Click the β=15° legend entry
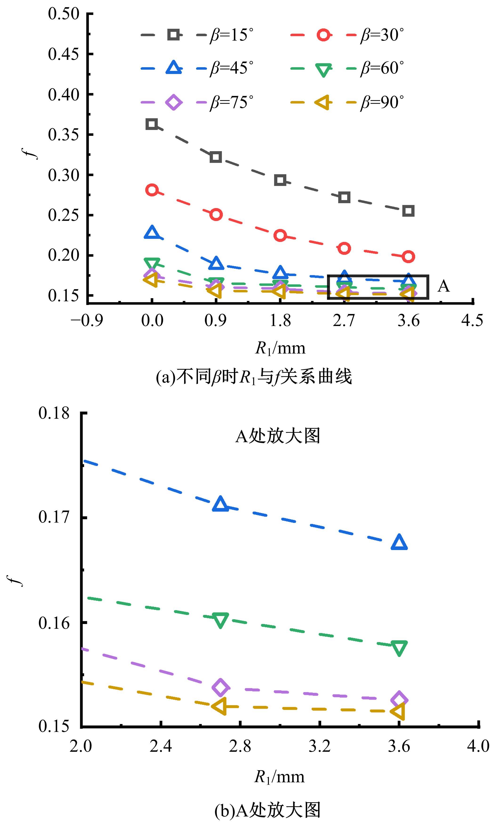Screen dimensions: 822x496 [x=197, y=35]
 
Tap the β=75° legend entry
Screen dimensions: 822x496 [x=197, y=102]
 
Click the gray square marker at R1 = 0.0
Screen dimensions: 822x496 [x=152, y=124]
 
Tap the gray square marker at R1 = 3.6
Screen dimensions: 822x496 [x=408, y=211]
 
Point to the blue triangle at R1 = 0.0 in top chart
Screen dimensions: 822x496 [x=152, y=233]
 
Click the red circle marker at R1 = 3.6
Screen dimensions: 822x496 [x=408, y=257]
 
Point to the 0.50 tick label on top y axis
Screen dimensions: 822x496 [x=64, y=14]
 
